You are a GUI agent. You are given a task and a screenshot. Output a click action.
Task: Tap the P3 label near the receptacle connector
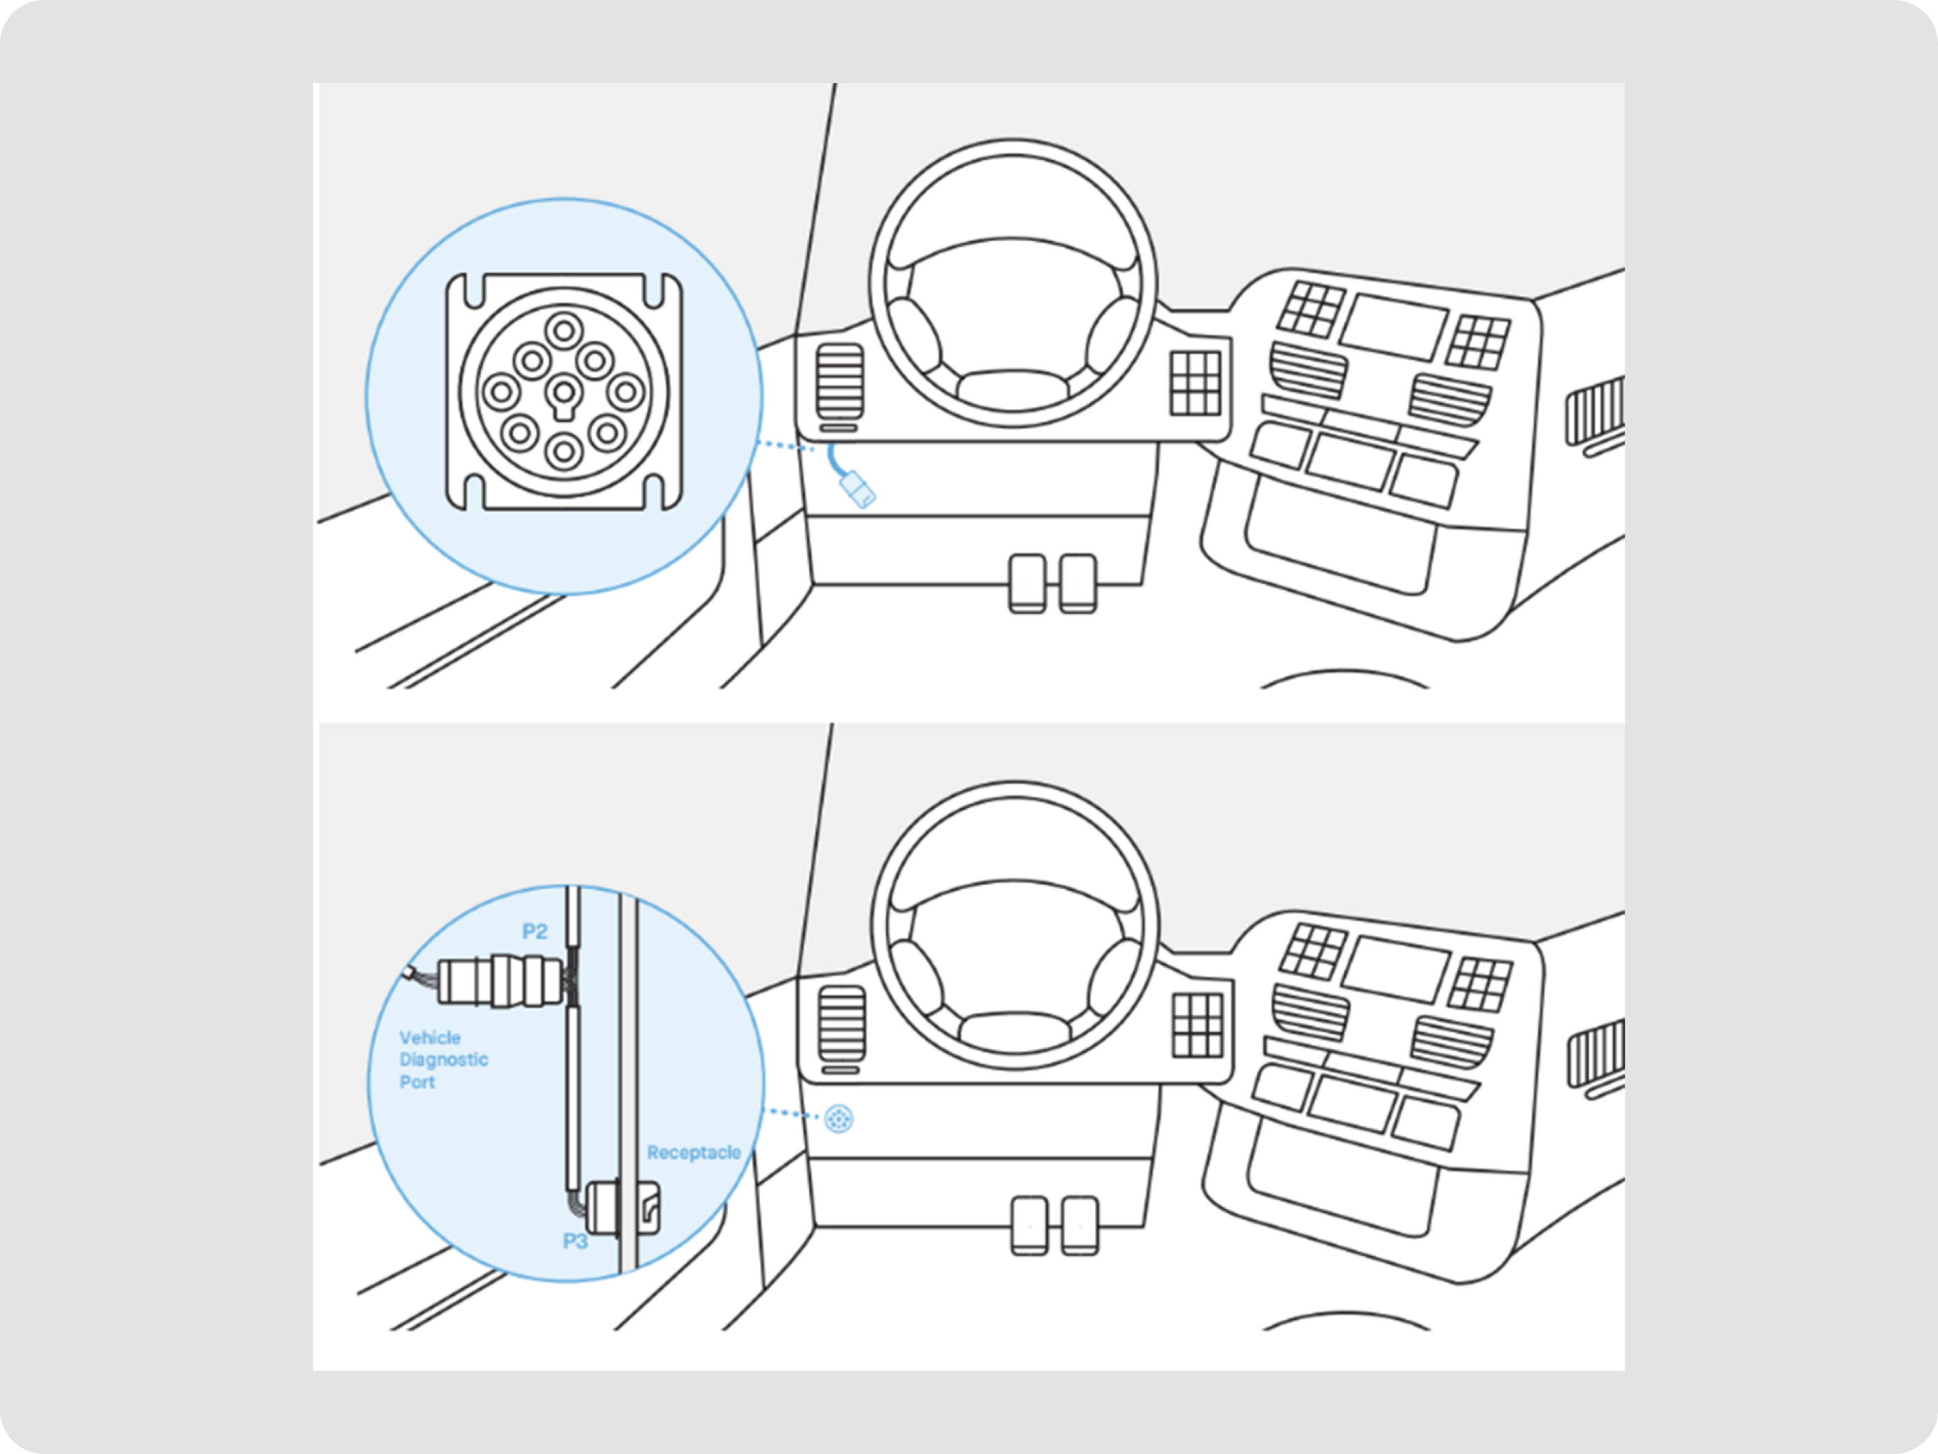(x=574, y=1241)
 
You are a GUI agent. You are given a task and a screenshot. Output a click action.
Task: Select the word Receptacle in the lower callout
(x=693, y=1153)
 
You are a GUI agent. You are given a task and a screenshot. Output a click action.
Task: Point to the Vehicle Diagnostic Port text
(x=442, y=1059)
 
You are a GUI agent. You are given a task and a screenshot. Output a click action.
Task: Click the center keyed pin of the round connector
(x=563, y=392)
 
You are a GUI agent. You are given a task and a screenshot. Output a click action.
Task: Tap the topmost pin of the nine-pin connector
(x=563, y=331)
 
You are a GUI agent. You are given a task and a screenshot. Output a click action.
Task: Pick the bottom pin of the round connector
(x=563, y=452)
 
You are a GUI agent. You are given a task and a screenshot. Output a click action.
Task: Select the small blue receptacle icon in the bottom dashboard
(x=838, y=1118)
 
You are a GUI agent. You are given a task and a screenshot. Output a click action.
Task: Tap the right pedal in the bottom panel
(x=1079, y=1226)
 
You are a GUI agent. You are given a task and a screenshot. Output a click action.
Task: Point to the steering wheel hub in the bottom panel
(x=1015, y=1031)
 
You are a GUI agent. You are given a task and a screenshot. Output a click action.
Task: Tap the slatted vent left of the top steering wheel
(x=840, y=382)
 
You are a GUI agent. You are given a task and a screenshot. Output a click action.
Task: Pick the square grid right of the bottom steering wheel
(x=1197, y=1025)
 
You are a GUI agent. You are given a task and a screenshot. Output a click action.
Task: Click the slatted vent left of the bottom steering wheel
(x=841, y=1023)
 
